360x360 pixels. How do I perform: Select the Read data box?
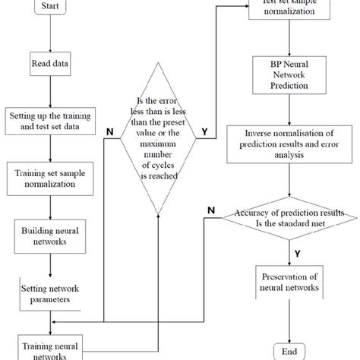click(49, 65)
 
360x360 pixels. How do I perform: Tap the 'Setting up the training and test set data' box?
click(49, 122)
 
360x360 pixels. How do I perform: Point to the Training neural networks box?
click(49, 343)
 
